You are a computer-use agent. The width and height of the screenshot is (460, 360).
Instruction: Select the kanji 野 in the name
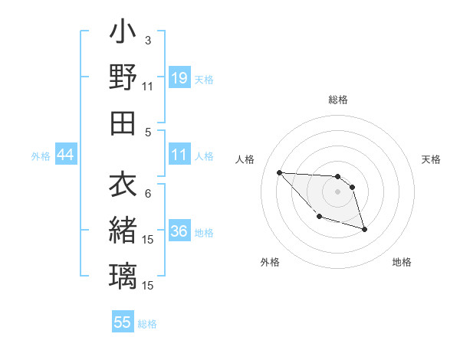click(x=123, y=77)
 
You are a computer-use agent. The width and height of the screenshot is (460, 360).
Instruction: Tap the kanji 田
click(x=123, y=123)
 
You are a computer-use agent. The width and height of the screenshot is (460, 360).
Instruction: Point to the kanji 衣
click(x=123, y=185)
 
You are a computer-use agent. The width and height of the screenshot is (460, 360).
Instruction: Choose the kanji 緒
click(x=123, y=230)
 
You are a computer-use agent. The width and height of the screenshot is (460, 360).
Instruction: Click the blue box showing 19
click(x=179, y=78)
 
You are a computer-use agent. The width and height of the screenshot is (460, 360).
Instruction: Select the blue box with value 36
click(x=179, y=232)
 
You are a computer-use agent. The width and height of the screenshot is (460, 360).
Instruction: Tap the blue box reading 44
click(x=66, y=155)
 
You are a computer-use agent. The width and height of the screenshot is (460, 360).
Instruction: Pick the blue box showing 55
click(x=123, y=322)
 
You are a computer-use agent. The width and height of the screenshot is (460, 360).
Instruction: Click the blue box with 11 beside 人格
click(x=179, y=155)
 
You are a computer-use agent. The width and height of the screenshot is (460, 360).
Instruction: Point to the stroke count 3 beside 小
click(x=147, y=40)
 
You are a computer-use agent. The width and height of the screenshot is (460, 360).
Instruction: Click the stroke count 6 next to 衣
click(x=147, y=194)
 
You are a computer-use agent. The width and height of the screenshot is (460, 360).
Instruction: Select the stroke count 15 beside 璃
click(x=148, y=286)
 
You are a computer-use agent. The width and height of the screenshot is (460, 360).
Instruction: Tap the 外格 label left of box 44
click(x=41, y=156)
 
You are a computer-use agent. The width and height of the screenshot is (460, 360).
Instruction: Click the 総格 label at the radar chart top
click(x=338, y=100)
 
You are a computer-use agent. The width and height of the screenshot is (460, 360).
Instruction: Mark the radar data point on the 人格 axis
click(x=279, y=172)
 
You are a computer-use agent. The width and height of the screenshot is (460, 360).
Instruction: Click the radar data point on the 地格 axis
click(x=364, y=229)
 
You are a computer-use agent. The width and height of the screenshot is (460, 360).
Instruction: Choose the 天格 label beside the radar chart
click(x=432, y=159)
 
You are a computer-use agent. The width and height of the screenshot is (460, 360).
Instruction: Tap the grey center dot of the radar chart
click(x=337, y=191)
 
